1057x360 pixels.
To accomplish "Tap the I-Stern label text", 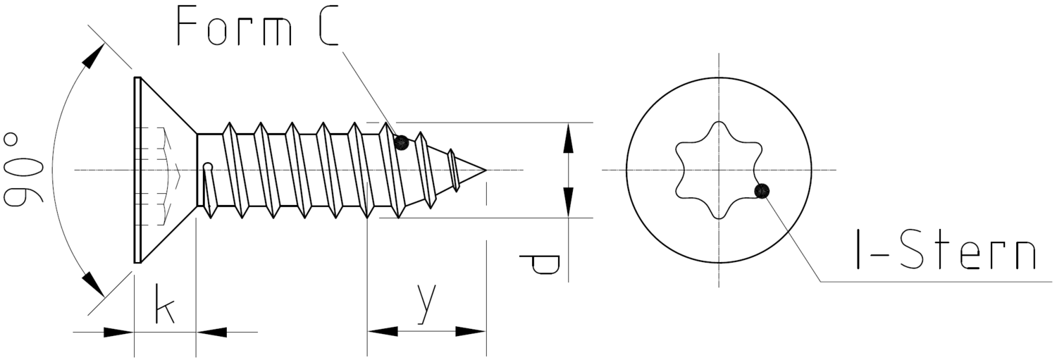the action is tap(946, 251).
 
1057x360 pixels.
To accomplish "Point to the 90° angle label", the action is tap(23, 170).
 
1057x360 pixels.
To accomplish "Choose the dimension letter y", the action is tap(427, 304).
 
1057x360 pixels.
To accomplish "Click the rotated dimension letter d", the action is tap(539, 264).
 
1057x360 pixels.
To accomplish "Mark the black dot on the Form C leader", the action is tap(402, 142).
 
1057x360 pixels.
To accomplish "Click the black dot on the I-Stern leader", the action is tap(762, 191).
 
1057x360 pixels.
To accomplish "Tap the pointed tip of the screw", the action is tap(486, 170).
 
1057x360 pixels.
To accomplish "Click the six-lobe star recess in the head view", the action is tap(719, 170).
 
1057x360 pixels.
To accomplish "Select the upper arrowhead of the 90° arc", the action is tap(93, 56).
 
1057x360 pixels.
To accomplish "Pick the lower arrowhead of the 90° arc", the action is tap(93, 285).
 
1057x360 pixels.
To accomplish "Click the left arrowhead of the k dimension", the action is tap(118, 332).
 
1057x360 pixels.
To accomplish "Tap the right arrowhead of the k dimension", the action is tap(212, 332).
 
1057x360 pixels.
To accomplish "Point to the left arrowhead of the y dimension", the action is tap(383, 331).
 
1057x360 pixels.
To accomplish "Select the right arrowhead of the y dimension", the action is tap(471, 331).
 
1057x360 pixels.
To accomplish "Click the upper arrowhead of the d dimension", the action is tap(568, 138).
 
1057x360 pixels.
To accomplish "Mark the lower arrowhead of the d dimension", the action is tap(568, 202).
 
